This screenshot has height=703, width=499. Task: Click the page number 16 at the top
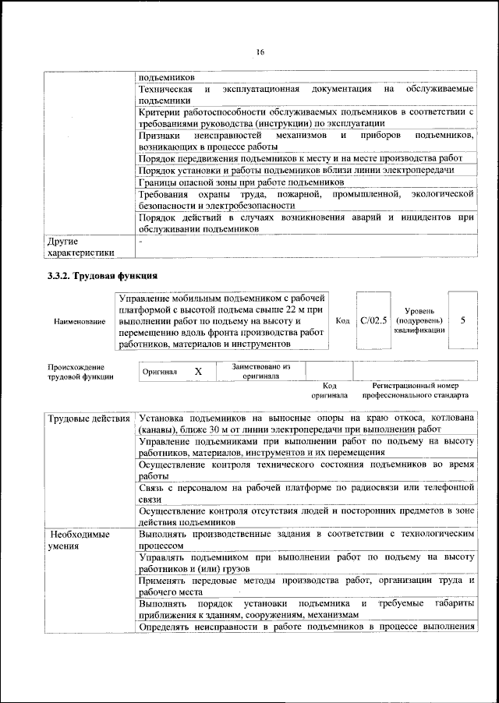coord(260,52)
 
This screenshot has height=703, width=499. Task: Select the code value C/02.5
coord(373,320)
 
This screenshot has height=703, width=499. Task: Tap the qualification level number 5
coord(463,320)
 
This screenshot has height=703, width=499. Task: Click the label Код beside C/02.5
coord(342,320)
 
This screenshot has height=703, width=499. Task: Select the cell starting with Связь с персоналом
coord(306,493)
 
